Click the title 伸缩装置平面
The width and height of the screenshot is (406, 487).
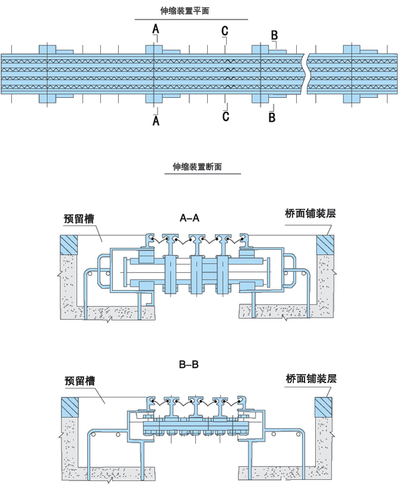pos(185,11)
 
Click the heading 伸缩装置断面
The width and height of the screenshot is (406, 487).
pos(197,168)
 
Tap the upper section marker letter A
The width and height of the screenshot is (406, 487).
pos(156,29)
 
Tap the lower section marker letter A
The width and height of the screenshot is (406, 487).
pos(156,121)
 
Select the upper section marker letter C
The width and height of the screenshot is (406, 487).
pos(224,31)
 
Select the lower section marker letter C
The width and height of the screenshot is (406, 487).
pos(226,116)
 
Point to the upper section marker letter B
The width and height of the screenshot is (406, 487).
pos(274,35)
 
